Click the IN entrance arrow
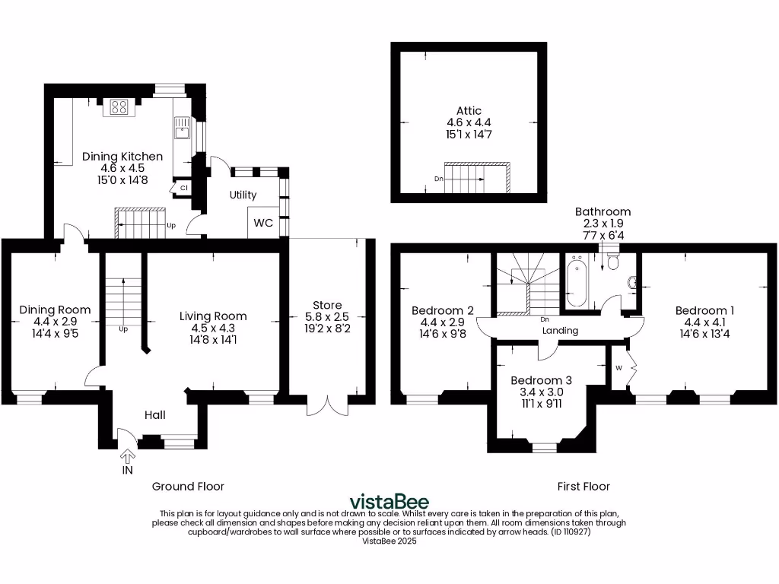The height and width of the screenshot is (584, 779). click(127, 455)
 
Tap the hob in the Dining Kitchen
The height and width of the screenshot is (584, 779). click(119, 107)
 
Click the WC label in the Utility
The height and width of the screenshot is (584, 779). click(263, 223)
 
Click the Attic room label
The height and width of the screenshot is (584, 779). click(469, 111)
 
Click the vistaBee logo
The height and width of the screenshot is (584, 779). click(389, 502)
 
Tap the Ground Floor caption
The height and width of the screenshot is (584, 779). click(188, 486)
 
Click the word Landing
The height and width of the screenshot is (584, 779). click(561, 331)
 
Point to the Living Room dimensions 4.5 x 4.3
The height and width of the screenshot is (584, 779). click(213, 328)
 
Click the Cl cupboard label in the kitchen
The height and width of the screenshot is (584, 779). click(184, 186)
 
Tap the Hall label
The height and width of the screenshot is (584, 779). click(155, 415)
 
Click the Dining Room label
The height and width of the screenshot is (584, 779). click(55, 309)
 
